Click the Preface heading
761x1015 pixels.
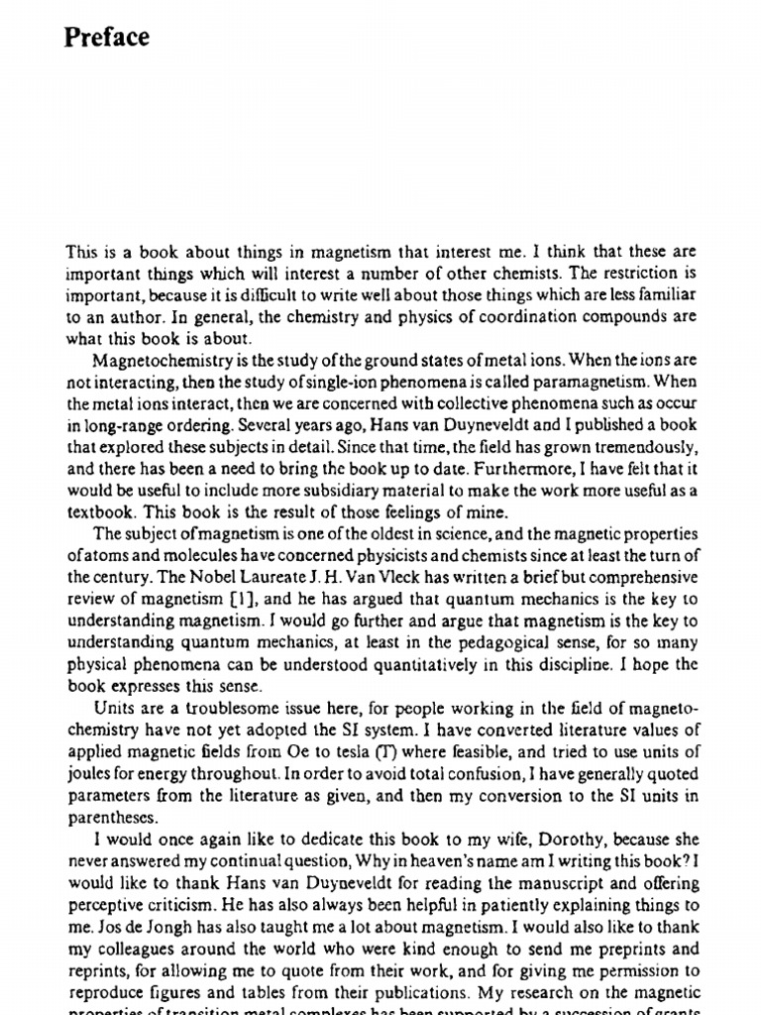click(107, 38)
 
